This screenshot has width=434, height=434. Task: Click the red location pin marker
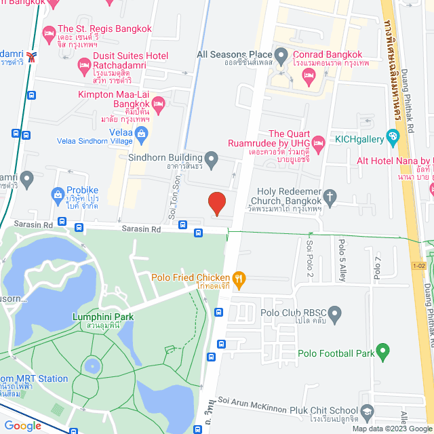pyautogui.click(x=216, y=203)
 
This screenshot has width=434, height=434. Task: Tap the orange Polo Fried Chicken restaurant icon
pyautogui.click(x=238, y=277)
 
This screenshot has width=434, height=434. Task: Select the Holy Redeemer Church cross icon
pyautogui.click(x=330, y=197)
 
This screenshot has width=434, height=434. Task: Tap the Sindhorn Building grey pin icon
pyautogui.click(x=212, y=161)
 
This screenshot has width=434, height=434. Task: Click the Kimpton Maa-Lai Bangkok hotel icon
pyautogui.click(x=159, y=103)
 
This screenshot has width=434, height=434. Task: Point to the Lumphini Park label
pyautogui.click(x=104, y=317)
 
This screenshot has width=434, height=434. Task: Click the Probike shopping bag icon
pyautogui.click(x=58, y=197)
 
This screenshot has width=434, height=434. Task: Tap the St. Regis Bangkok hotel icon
pyautogui.click(x=48, y=33)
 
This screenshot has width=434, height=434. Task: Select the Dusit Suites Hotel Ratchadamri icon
pyautogui.click(x=84, y=66)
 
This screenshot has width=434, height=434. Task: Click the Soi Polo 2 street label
pyautogui.click(x=310, y=257)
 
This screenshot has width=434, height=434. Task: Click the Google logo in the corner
pyautogui.click(x=23, y=426)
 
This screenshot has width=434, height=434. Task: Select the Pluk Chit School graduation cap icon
pyautogui.click(x=367, y=412)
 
